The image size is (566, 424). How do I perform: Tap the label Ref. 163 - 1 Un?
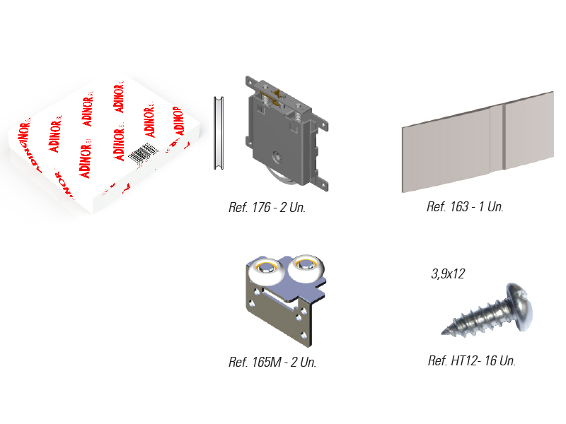click(465, 207)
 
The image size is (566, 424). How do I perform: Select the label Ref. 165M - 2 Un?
click(272, 363)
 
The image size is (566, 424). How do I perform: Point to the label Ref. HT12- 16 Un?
click(471, 360)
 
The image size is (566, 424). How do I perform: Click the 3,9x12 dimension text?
click(448, 274)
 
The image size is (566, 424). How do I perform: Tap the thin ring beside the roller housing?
click(218, 133)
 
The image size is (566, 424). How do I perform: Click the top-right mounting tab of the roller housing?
click(323, 123)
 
